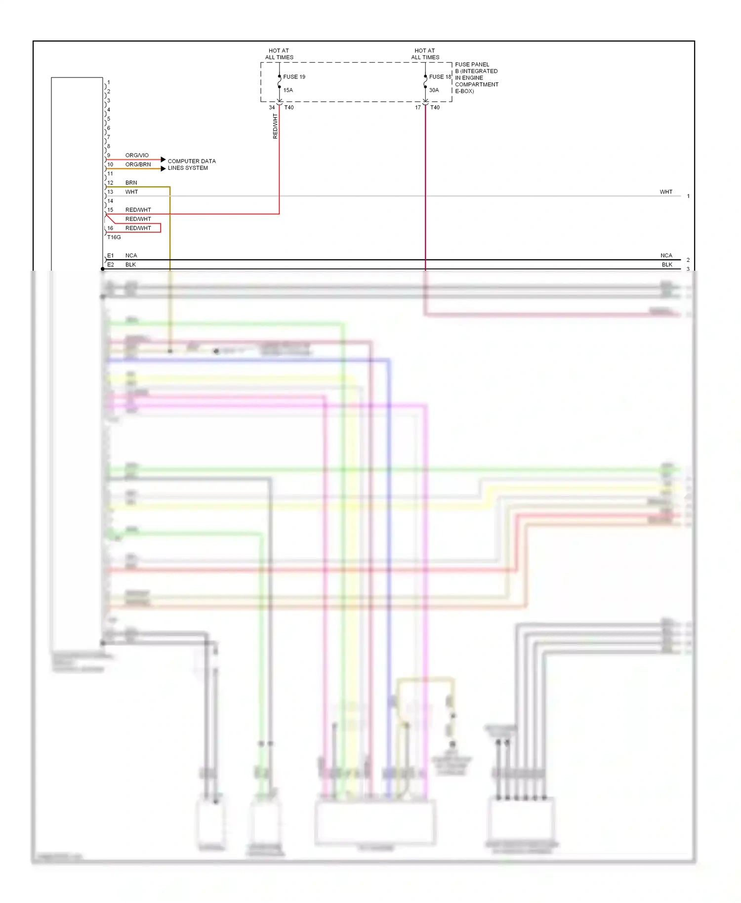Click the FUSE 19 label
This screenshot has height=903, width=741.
coord(294,77)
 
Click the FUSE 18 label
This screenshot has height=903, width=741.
coord(440,77)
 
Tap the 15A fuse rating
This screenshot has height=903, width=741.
coord(288,90)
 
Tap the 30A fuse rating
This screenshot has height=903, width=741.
coord(434,90)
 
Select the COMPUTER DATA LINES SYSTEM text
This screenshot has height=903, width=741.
coord(191,164)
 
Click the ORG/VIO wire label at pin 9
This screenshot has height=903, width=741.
coord(137,155)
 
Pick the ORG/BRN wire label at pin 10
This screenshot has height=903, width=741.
coord(138,164)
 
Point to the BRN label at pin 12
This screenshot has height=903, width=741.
coord(131,183)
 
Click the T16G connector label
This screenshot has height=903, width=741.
coord(114,237)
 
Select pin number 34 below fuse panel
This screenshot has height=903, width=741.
coord(272,107)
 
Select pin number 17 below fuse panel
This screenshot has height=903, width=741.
coord(418,107)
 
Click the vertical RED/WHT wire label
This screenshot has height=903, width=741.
coord(275,126)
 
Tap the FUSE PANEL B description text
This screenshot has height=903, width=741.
coord(476,78)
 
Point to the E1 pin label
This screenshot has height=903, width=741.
coord(111,255)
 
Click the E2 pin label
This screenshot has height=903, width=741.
coord(111,265)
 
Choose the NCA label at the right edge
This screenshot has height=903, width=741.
coord(666,255)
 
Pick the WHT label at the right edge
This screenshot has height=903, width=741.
coord(666,192)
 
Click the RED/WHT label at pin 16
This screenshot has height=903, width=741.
coord(138,228)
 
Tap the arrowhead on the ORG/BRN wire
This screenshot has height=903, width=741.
coord(164,168)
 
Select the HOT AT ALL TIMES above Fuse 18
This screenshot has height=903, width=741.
coord(425,54)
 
